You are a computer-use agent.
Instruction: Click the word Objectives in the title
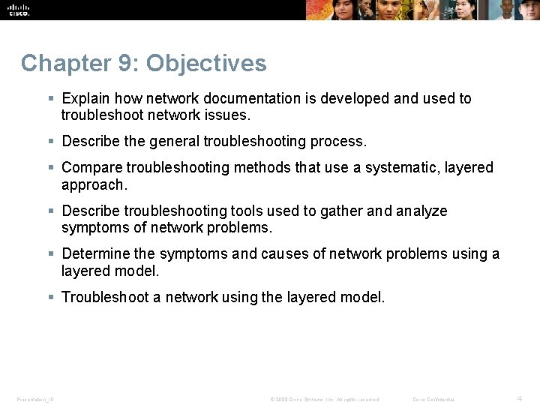(x=206, y=63)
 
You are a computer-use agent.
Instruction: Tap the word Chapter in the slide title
(x=66, y=63)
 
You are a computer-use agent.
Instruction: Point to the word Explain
(x=85, y=98)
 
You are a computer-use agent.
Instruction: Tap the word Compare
(x=92, y=167)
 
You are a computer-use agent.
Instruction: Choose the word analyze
(x=421, y=211)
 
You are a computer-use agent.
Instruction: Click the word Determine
(x=97, y=253)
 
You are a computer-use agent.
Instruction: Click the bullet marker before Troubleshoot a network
(x=51, y=297)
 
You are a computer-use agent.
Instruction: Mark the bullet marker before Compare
(x=51, y=167)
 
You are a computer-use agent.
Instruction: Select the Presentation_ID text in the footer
(x=35, y=399)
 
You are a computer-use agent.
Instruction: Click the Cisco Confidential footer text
(x=433, y=399)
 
